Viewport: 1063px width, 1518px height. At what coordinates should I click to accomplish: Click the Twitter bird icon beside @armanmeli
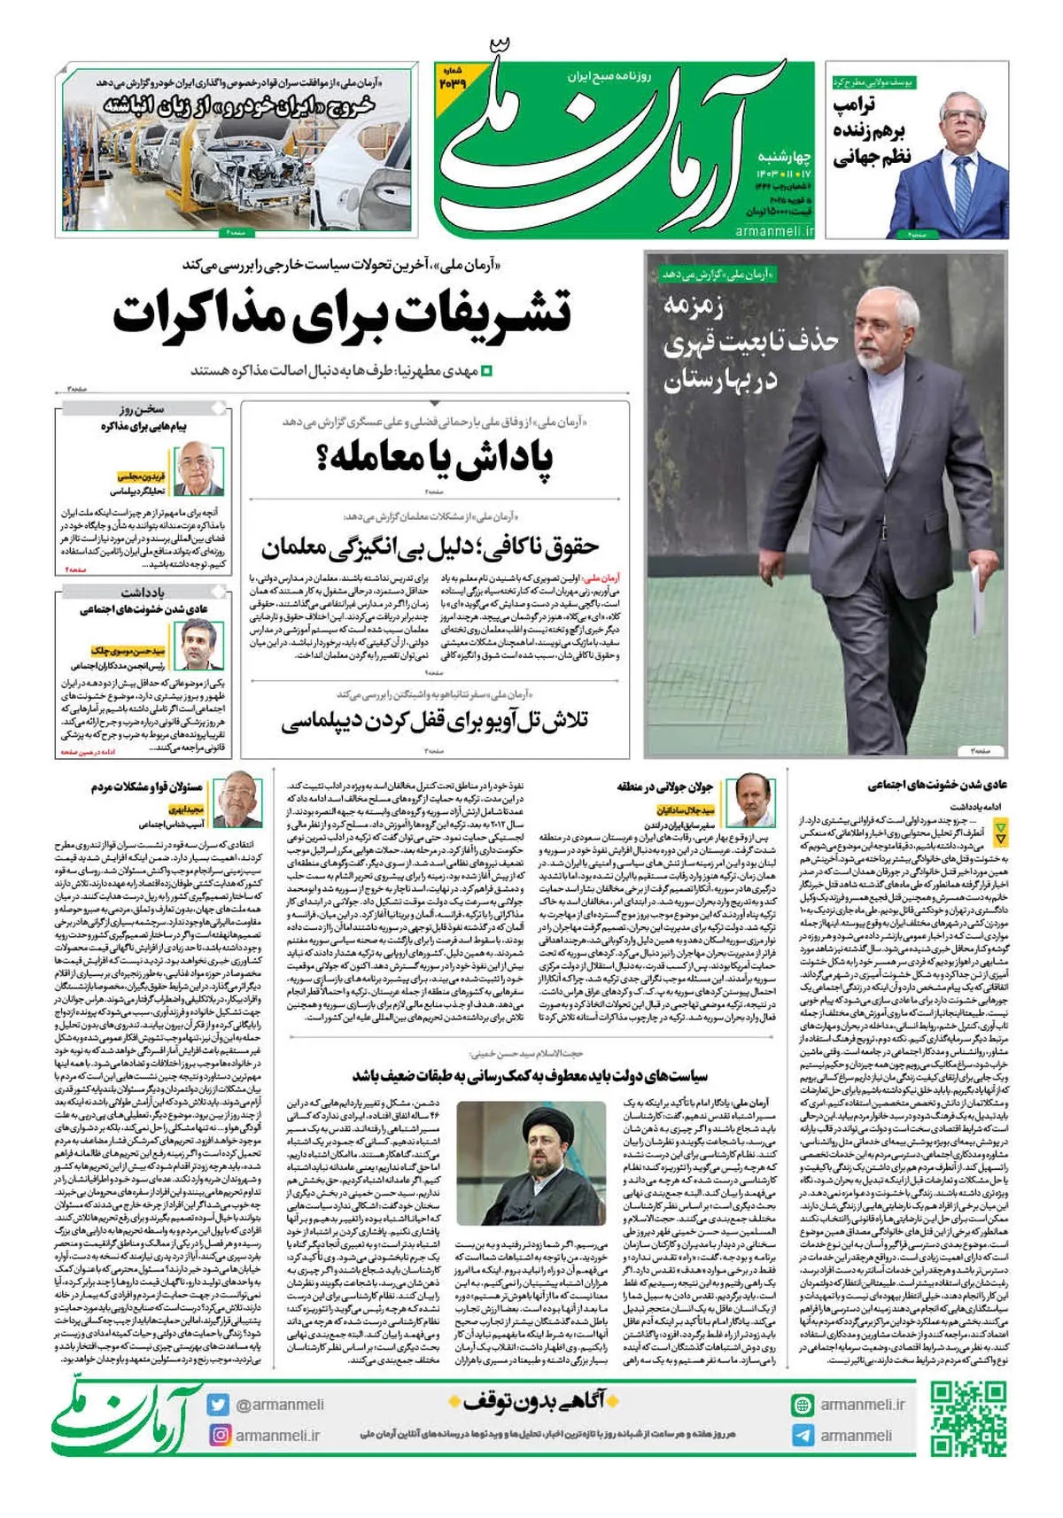point(218,1405)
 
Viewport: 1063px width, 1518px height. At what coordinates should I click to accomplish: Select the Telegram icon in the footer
point(803,1435)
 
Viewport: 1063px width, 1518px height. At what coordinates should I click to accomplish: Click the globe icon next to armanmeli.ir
point(803,1405)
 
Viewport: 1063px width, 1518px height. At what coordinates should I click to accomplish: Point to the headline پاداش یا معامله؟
point(434,458)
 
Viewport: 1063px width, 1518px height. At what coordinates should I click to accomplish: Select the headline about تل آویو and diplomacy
point(434,722)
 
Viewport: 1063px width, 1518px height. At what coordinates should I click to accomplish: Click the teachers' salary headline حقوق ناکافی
point(430,546)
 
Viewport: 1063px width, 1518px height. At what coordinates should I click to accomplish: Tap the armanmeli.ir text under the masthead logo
point(774,230)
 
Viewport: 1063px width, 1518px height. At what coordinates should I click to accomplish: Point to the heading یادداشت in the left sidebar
point(144,592)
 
